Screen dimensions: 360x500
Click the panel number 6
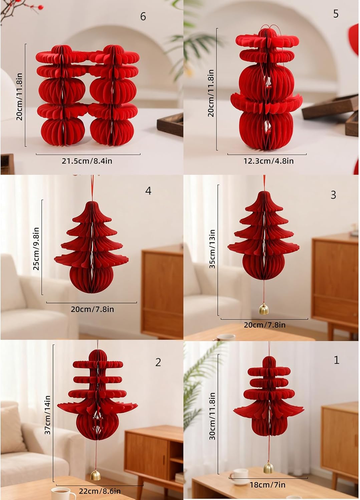click(143, 17)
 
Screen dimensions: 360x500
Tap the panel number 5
click(336, 14)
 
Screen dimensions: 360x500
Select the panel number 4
click(148, 191)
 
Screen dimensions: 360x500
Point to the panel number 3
click(333, 195)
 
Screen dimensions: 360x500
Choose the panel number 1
click(336, 360)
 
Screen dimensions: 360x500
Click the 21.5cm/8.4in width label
click(87, 161)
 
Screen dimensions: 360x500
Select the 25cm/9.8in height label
click(36, 249)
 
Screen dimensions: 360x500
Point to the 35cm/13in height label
click(212, 249)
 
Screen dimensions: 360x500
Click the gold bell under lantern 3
click(264, 309)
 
